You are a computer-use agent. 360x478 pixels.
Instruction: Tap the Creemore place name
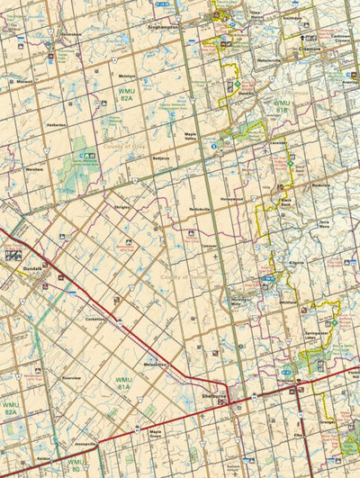coord(310,50)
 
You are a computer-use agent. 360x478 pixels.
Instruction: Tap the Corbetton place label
coord(96,319)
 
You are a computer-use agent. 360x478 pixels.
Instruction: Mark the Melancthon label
coord(155,364)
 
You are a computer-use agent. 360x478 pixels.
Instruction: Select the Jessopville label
coord(85,444)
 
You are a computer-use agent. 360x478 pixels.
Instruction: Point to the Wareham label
coord(35,169)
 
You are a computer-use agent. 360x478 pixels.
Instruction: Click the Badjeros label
coord(160,157)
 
